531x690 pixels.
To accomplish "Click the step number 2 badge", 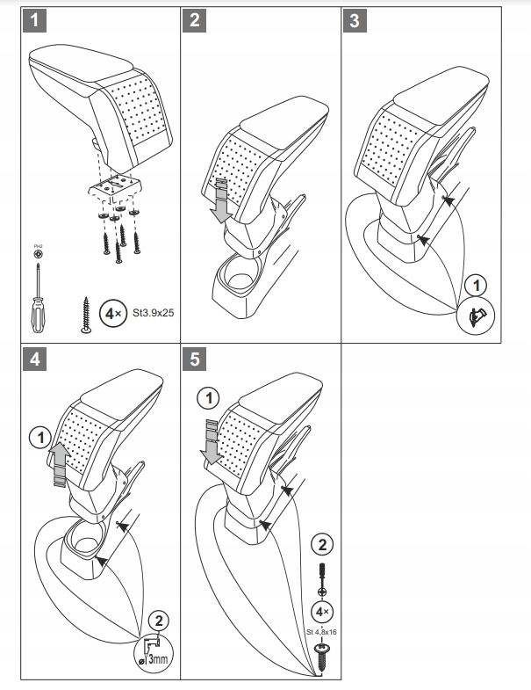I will pyautogui.click(x=194, y=20).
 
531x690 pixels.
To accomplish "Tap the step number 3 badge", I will pyautogui.click(x=355, y=20).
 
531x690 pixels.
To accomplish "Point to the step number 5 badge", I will pyautogui.click(x=194, y=359).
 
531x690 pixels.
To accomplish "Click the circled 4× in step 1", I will pyautogui.click(x=113, y=311).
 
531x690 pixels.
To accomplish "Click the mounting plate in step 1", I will pyautogui.click(x=114, y=186).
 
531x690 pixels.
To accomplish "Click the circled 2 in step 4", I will pyautogui.click(x=159, y=620).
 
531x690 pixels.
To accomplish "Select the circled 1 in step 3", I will pyautogui.click(x=476, y=286).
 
